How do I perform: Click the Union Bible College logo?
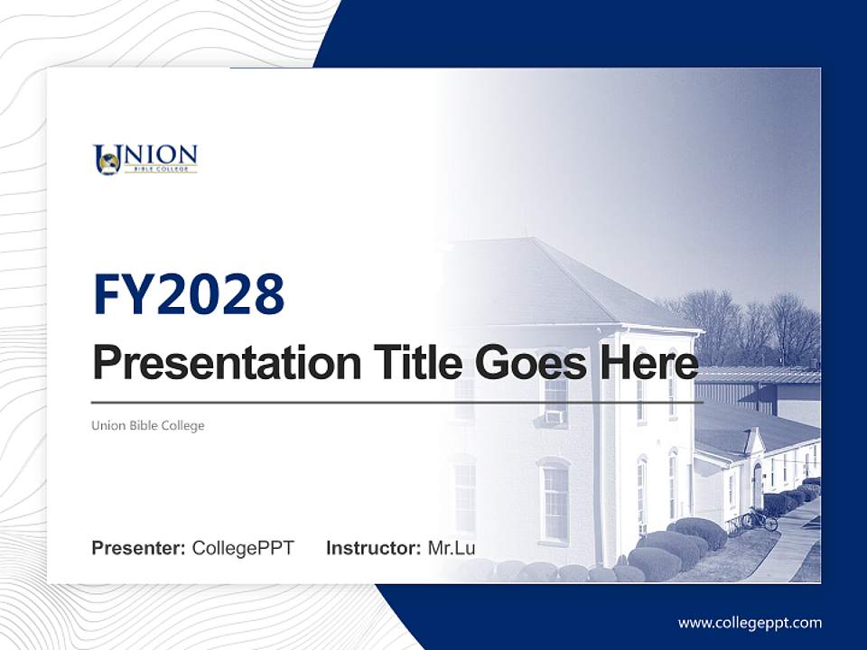coord(144,159)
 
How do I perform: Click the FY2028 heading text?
coord(189,294)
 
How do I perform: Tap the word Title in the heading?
coord(411,362)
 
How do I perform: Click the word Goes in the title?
coord(527,362)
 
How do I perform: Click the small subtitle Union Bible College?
coord(147,425)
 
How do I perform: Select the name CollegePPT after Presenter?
coord(243,548)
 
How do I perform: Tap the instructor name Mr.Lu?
coord(452,548)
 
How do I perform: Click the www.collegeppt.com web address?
coord(750,622)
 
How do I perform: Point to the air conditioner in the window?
coord(554,417)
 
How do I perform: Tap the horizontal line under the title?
coord(397,402)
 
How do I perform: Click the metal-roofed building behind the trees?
coord(768,388)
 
